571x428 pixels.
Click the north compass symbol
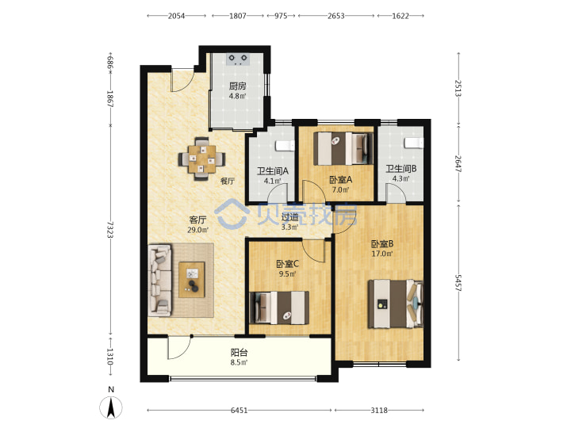click(x=111, y=406)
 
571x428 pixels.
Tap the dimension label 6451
click(x=240, y=411)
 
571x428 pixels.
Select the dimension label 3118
click(x=379, y=411)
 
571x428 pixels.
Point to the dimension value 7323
click(x=110, y=230)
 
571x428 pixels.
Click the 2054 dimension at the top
click(x=176, y=16)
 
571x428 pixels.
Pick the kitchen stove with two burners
click(x=238, y=59)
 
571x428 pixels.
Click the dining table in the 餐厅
click(x=201, y=159)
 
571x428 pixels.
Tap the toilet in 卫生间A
click(x=285, y=146)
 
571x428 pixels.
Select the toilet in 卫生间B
click(x=414, y=143)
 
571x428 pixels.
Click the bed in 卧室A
click(x=343, y=148)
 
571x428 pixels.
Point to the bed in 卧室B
click(x=396, y=304)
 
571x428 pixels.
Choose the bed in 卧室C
click(x=279, y=308)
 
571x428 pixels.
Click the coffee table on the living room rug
click(x=192, y=280)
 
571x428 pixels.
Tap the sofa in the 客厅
click(x=160, y=280)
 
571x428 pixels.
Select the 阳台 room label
click(x=240, y=353)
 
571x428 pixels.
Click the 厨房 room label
click(x=237, y=86)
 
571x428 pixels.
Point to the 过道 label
click(x=290, y=218)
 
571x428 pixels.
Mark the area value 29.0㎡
click(x=197, y=230)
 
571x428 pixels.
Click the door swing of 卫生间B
click(x=397, y=192)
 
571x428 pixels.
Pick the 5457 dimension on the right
click(x=458, y=283)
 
